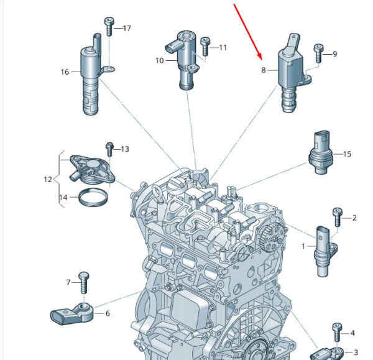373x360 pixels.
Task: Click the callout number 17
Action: click(127, 29)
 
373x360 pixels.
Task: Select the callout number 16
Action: click(65, 72)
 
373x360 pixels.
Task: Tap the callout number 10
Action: click(159, 61)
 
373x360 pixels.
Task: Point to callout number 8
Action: click(264, 70)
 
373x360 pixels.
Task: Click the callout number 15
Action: click(347, 154)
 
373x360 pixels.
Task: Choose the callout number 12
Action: click(48, 180)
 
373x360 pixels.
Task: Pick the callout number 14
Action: click(63, 198)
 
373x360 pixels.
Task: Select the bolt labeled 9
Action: click(319, 53)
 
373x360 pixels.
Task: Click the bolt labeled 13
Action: click(109, 149)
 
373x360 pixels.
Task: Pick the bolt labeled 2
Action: click(338, 218)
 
